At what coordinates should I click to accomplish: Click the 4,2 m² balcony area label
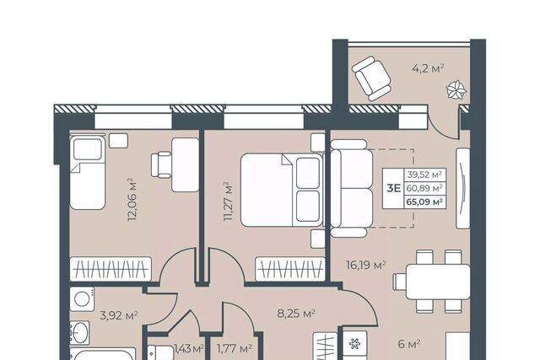tap(428, 68)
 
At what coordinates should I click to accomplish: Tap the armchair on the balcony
tap(371, 78)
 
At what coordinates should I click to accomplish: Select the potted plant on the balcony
tap(456, 90)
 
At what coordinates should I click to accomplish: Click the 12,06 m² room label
tap(132, 199)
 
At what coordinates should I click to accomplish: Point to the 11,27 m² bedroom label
tap(229, 201)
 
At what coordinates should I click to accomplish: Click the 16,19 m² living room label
tap(365, 265)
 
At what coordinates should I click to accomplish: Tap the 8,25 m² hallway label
tap(296, 313)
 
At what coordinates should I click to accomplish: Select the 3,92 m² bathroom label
tap(119, 315)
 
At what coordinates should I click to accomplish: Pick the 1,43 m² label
tap(189, 349)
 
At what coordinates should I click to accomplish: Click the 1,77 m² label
tap(235, 349)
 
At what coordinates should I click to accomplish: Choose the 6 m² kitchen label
tap(408, 343)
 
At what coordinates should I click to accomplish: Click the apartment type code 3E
tap(393, 188)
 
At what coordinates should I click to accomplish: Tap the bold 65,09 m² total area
tap(424, 201)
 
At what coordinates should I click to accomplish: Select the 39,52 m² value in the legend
tap(424, 175)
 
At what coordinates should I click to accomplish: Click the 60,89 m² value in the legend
tap(424, 188)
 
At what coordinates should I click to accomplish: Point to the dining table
tap(438, 282)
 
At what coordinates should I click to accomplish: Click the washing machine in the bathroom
tap(83, 299)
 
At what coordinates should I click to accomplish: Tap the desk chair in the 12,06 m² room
tap(161, 165)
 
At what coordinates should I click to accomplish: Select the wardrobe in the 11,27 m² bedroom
tap(290, 269)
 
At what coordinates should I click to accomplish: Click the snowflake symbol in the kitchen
tap(354, 343)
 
